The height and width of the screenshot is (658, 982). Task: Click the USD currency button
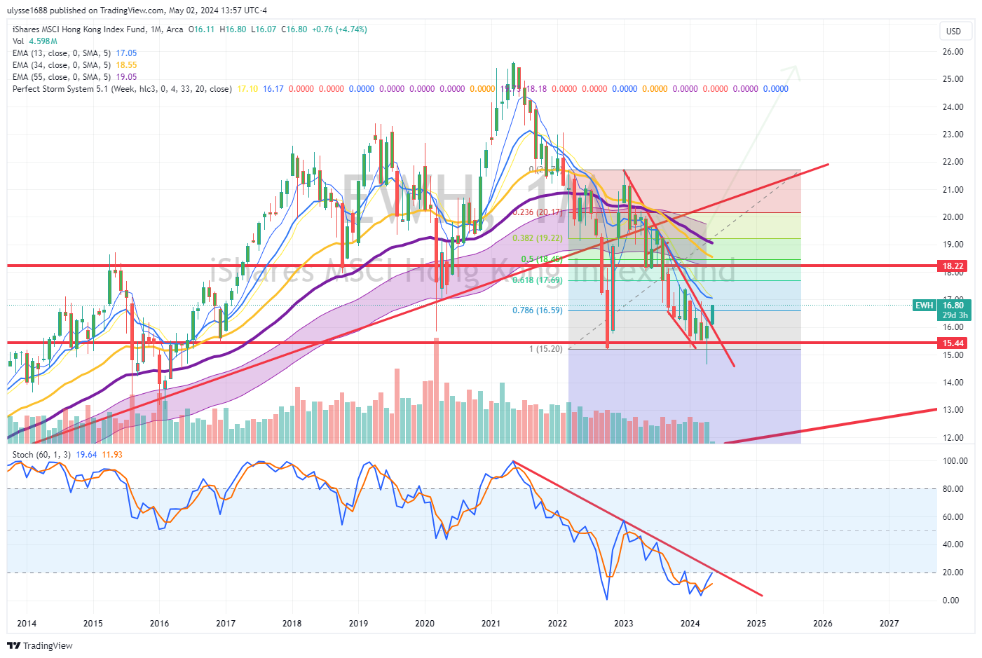tap(953, 31)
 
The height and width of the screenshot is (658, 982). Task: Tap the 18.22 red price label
tap(953, 266)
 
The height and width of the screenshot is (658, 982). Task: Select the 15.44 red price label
tap(953, 343)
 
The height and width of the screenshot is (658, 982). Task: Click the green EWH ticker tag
tap(924, 306)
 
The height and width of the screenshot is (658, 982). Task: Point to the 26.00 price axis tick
tap(953, 52)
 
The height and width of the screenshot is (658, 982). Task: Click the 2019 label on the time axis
tap(358, 624)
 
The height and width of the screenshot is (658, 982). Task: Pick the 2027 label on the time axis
tap(889, 624)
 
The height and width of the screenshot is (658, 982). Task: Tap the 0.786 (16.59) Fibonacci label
tap(537, 310)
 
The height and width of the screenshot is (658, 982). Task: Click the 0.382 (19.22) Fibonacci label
tap(537, 238)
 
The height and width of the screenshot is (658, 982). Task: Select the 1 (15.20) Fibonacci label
tap(545, 349)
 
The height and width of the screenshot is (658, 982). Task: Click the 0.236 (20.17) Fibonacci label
tap(537, 212)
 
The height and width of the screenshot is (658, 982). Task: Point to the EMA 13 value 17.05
tap(126, 53)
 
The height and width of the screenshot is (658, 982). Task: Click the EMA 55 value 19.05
tap(126, 77)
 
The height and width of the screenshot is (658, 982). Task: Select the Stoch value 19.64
tap(86, 455)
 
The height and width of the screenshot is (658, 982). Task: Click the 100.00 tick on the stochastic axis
tap(955, 461)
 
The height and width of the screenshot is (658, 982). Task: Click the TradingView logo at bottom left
tap(40, 645)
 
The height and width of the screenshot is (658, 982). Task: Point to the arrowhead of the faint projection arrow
tap(795, 68)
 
